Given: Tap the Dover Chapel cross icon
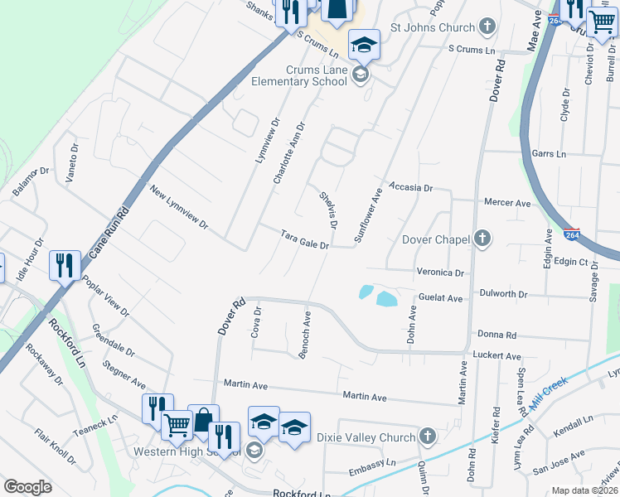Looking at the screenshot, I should [482, 239].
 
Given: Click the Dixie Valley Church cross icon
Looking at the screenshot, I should [428, 437].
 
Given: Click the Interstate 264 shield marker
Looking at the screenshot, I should [571, 235].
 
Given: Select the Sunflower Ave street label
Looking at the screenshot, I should [368, 215].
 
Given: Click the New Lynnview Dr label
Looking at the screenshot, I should [178, 208].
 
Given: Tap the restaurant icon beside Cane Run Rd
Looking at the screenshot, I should [65, 267].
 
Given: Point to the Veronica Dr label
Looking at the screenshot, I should [440, 272].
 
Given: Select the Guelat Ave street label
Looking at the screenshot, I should [440, 297].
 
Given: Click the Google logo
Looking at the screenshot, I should [27, 487].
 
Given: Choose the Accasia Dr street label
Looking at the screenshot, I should [411, 188].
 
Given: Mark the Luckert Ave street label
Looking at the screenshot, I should [497, 355].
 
